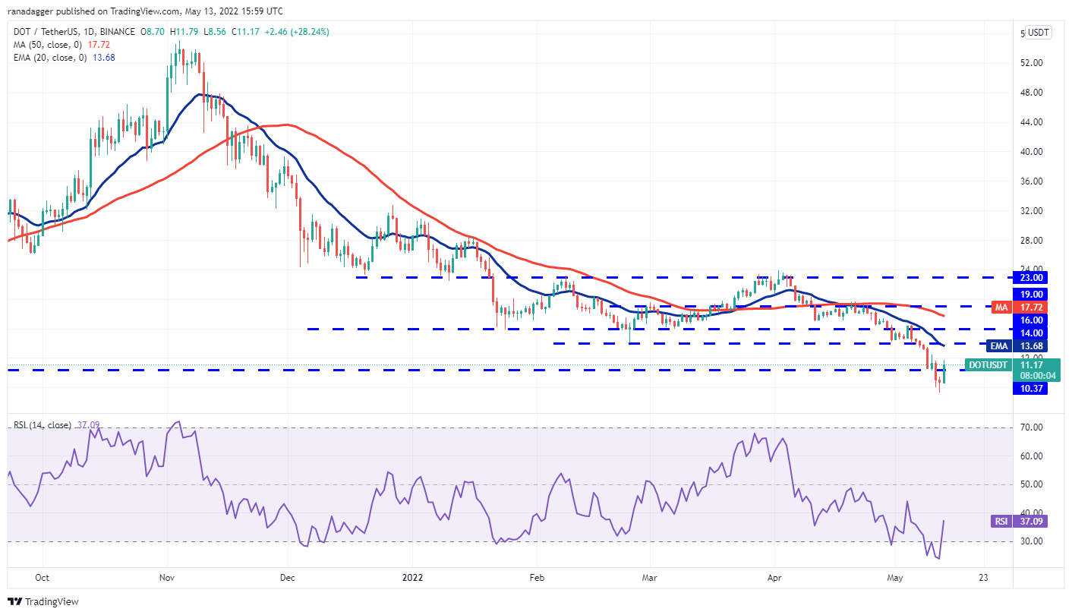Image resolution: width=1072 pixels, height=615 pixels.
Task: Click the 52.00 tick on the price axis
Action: (1030, 62)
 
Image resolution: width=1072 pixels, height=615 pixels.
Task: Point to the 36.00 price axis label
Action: (1030, 181)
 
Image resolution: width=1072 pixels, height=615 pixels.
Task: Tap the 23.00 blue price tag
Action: (1030, 278)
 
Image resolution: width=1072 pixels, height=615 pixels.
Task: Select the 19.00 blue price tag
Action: (1030, 294)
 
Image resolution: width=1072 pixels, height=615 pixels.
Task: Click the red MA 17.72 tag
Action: (1029, 307)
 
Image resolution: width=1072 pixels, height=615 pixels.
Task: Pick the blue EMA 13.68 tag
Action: (1029, 346)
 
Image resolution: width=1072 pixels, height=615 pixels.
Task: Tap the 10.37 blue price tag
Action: (1030, 389)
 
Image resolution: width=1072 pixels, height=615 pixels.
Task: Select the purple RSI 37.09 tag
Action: (1029, 522)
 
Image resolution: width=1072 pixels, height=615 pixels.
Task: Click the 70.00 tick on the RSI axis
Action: (1030, 427)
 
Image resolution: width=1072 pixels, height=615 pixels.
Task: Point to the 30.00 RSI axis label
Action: (1030, 541)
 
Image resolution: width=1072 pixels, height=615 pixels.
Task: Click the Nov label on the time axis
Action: (167, 576)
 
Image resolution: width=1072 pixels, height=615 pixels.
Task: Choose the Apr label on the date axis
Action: (774, 576)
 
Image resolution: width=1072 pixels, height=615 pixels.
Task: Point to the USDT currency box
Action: (1038, 33)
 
